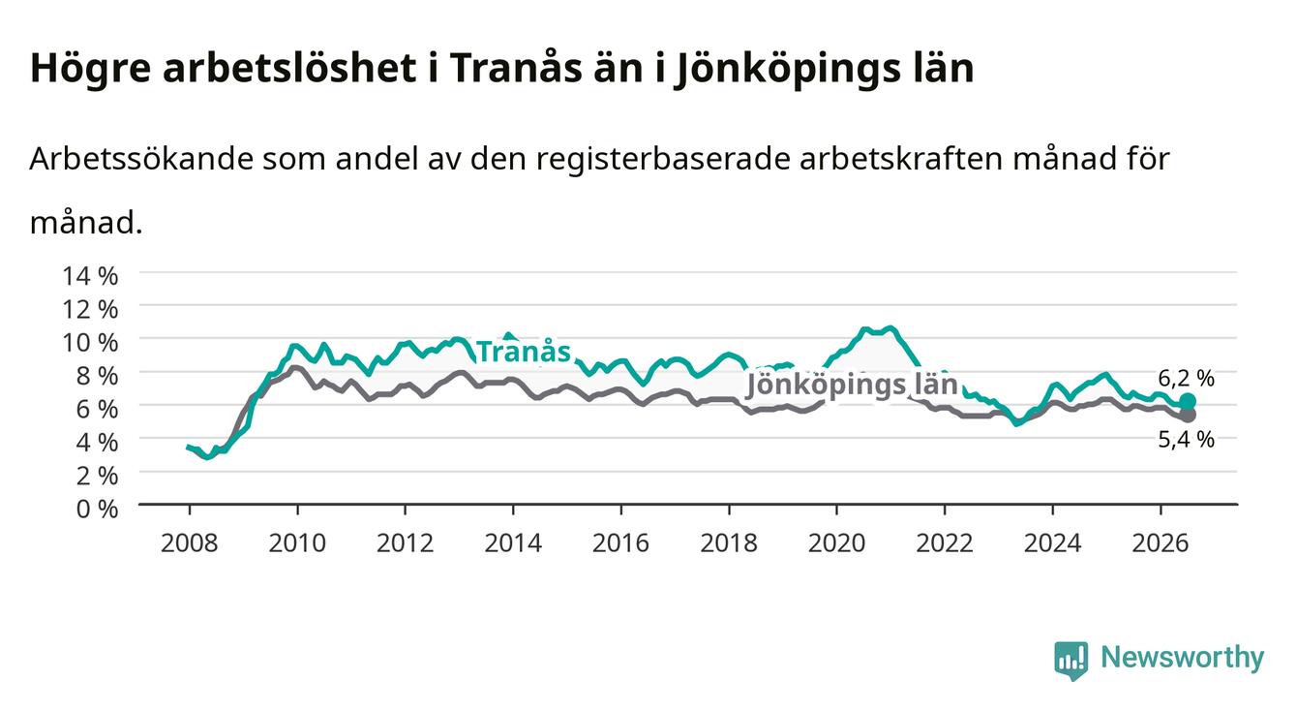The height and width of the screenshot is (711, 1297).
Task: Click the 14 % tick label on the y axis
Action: coord(90,276)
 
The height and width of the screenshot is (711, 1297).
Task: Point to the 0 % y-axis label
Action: coord(97,509)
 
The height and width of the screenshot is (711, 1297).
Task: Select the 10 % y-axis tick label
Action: coord(90,343)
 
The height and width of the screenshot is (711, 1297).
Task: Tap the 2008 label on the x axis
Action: coord(190,543)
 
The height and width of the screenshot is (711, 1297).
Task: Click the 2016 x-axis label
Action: coord(620,543)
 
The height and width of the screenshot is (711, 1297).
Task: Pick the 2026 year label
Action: coord(1160,543)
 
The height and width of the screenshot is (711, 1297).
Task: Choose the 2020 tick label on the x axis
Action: coord(836,543)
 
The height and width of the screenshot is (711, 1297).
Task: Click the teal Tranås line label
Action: coord(524,352)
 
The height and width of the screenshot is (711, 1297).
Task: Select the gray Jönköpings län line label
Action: coord(851,385)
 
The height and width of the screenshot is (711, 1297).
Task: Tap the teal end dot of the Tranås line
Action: coord(1188,401)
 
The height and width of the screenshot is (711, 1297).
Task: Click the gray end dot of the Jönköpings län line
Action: coord(1188,415)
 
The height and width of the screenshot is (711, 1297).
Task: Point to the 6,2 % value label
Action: coord(1186,379)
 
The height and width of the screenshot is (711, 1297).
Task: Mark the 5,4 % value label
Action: coord(1186,440)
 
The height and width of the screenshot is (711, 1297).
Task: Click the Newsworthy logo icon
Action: coord(1071,660)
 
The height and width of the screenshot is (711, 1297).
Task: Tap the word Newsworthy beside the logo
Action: coord(1182,657)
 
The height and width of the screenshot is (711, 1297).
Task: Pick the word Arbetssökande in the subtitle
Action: coord(141,158)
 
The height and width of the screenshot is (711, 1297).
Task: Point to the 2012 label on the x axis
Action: coord(406,543)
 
